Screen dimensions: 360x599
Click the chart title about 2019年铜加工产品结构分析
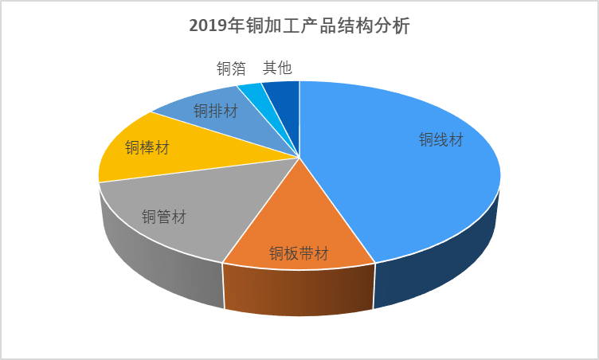299,27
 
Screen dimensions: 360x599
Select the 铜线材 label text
441,140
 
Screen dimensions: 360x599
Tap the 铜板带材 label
299,253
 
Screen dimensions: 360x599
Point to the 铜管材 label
164,216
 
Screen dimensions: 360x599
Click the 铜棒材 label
147,147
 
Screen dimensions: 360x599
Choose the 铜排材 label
215,111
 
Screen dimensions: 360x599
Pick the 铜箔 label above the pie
231,68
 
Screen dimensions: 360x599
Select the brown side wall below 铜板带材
299,291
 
